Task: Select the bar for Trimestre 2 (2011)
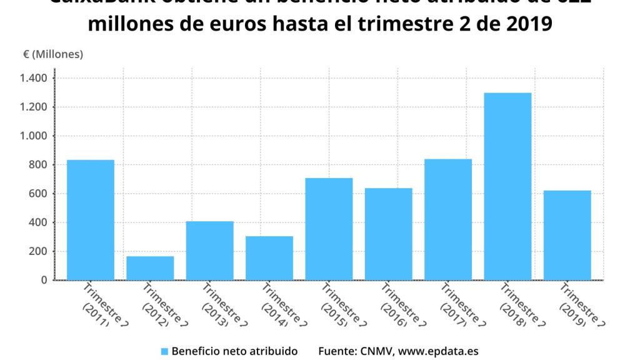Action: tap(91, 220)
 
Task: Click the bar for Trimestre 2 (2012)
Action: tap(150, 268)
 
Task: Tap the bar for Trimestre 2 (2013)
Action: tap(209, 251)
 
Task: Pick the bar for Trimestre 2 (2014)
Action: tap(269, 258)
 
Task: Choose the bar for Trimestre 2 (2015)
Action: tap(329, 229)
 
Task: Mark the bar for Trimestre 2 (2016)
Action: tap(388, 234)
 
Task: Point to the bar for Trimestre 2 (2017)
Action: tap(447, 219)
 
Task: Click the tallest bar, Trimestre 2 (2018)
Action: tap(507, 186)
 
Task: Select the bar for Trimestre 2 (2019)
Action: tap(567, 235)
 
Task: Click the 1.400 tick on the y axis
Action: tap(33, 78)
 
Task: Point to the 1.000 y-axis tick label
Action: tap(33, 136)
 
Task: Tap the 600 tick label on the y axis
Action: tap(38, 194)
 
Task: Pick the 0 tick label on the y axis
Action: tap(44, 281)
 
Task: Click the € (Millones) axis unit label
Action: tap(53, 54)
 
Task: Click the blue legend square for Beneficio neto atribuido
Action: tap(165, 351)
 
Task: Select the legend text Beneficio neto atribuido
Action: tap(234, 351)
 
